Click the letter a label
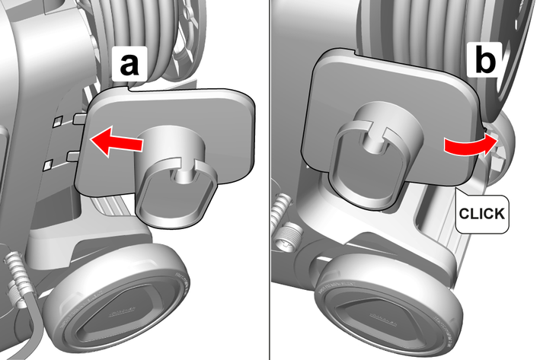129,65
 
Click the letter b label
485,60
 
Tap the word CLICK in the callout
482,214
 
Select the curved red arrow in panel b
471,144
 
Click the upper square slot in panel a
57,121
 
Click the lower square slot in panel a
48,165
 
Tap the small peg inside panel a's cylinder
183,177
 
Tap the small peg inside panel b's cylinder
374,142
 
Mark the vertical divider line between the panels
270,180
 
